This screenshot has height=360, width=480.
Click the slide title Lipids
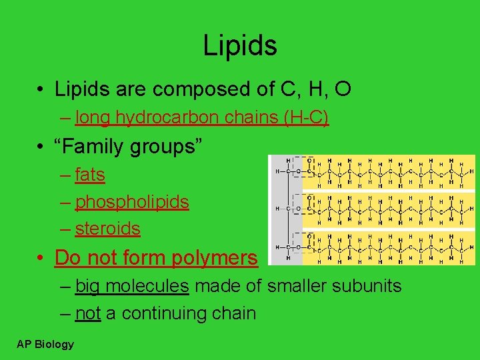240,45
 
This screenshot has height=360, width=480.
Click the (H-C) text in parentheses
305,118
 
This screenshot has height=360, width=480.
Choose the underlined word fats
90,175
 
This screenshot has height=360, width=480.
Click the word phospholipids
132,202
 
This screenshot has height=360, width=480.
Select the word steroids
107,229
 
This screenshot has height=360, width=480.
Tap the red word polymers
216,257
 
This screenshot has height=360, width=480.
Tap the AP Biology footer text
46,344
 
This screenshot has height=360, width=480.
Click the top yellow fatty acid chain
393,171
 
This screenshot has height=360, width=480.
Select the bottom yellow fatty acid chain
393,247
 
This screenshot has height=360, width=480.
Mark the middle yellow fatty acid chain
393,209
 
